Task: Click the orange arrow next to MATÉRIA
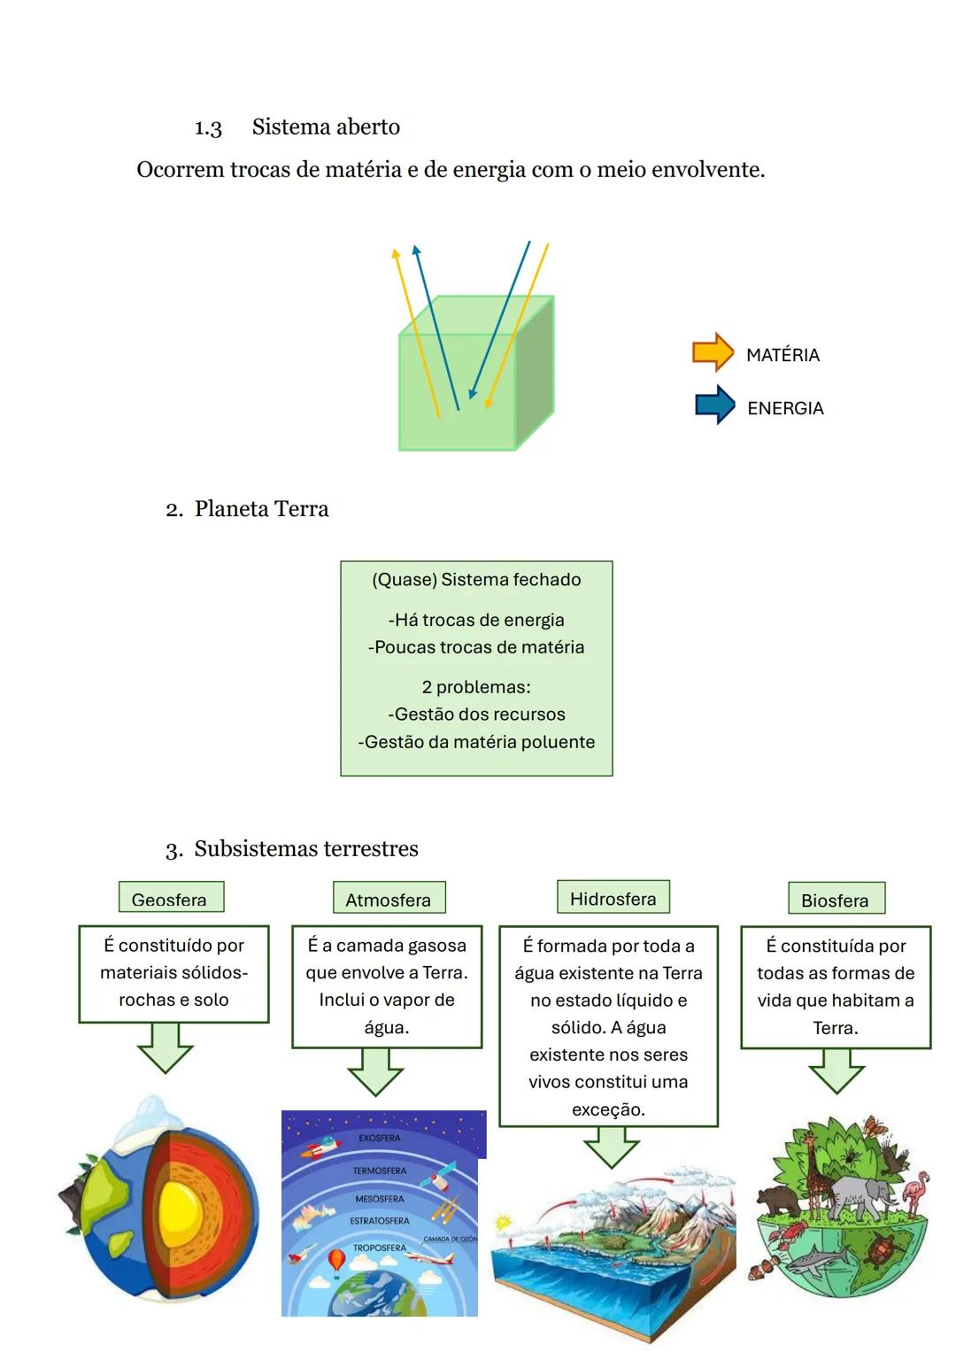(713, 352)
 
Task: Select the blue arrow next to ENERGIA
(714, 405)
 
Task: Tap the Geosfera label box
(172, 896)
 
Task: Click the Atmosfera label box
(389, 897)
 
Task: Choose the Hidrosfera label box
(613, 896)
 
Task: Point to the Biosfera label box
(836, 898)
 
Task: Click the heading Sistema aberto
(326, 127)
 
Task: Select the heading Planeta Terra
(261, 509)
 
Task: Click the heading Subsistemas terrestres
(306, 848)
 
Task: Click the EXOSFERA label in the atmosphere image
(380, 1138)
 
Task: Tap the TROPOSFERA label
(380, 1248)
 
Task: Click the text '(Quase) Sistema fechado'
(477, 579)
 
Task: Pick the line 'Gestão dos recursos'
(477, 714)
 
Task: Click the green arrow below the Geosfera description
(165, 1047)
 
